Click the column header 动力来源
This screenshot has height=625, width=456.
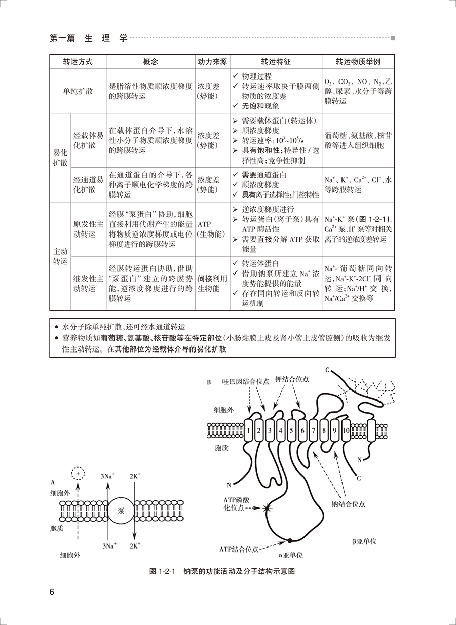(x=212, y=62)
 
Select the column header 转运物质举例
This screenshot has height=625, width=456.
(x=358, y=62)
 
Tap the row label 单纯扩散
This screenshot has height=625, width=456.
(x=78, y=91)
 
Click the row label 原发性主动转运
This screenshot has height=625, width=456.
(x=89, y=229)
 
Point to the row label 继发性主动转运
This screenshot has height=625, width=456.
(x=89, y=283)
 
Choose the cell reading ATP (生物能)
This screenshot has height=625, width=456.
(x=211, y=229)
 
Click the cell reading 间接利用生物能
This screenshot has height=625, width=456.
(x=212, y=283)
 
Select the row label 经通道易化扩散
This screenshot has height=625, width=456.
(x=89, y=185)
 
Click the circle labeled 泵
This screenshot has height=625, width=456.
(x=121, y=511)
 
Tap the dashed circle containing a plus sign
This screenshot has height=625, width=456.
(x=78, y=474)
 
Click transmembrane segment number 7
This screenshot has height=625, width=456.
(x=313, y=430)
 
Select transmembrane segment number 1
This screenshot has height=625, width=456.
(x=248, y=430)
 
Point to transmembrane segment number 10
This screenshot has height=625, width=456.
(x=346, y=430)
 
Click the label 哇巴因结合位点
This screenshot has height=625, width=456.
(x=246, y=381)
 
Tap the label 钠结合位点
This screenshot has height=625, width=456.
(x=348, y=504)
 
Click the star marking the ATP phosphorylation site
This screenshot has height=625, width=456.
(x=268, y=508)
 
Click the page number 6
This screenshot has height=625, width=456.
(x=52, y=592)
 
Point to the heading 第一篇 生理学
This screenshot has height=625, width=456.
(x=89, y=38)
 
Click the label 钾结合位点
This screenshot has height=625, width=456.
(x=292, y=379)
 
